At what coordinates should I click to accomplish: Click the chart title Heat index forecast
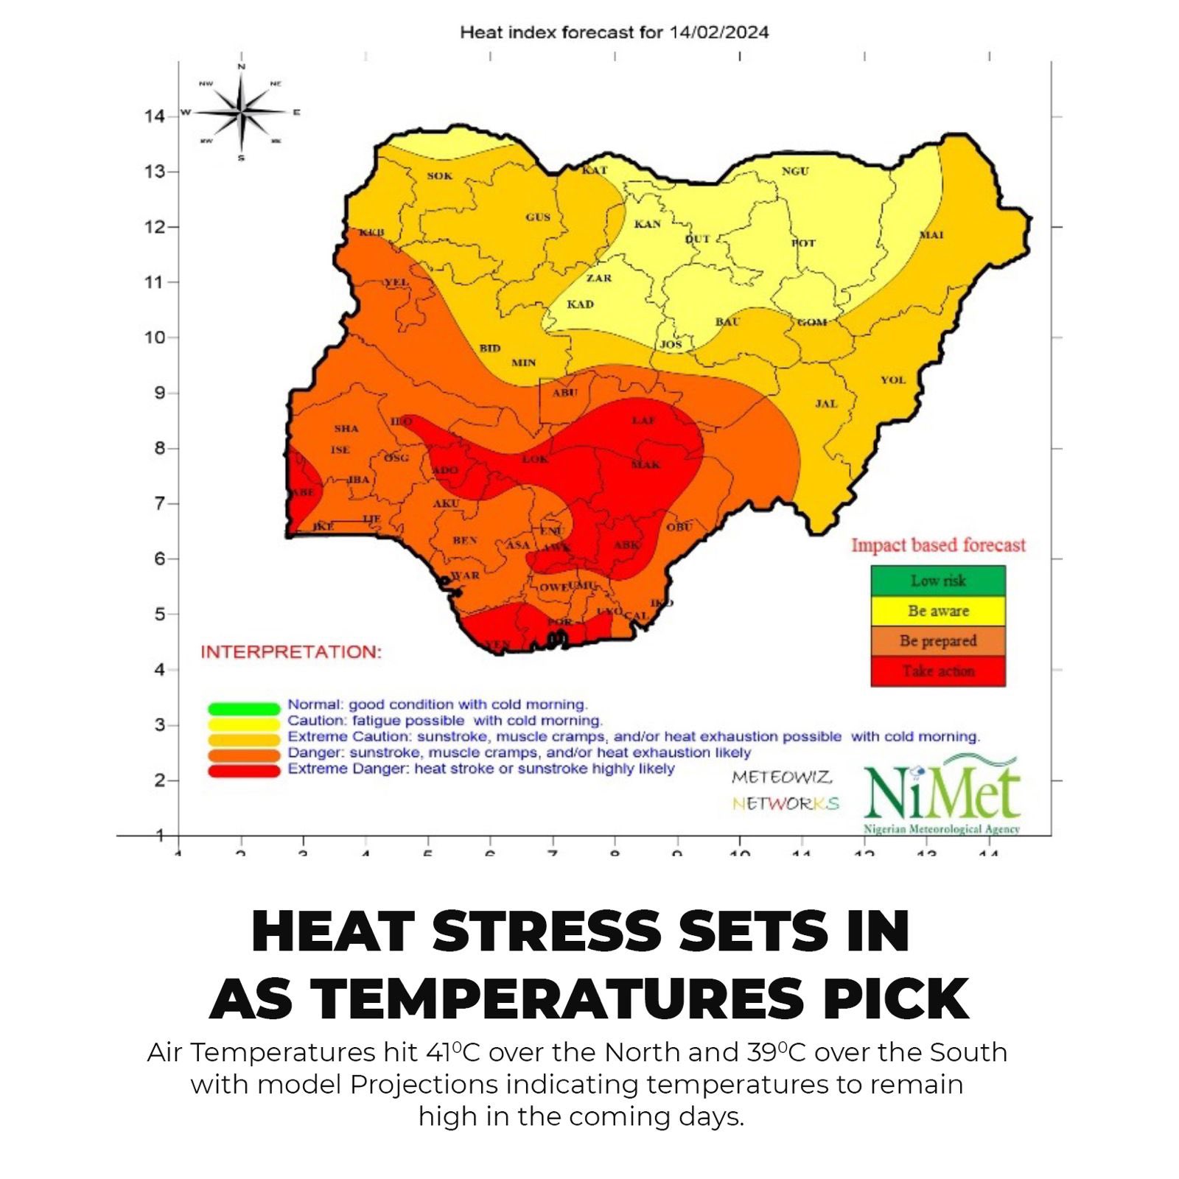(x=614, y=32)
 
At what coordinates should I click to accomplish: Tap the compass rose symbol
(x=242, y=113)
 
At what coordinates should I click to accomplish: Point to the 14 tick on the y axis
(x=155, y=116)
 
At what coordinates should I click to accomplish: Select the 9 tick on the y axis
(x=159, y=393)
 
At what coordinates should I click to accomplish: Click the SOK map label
(x=440, y=176)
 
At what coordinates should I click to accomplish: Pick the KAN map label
(x=648, y=224)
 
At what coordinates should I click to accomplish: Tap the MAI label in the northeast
(x=931, y=235)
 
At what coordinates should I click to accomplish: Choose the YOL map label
(x=893, y=380)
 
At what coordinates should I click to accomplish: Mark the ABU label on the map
(x=564, y=393)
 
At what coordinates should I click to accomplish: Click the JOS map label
(x=671, y=344)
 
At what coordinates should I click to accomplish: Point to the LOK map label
(x=535, y=459)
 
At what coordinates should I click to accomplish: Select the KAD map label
(x=580, y=304)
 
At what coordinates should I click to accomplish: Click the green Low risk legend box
(x=937, y=581)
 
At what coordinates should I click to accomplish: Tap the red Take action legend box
(x=937, y=671)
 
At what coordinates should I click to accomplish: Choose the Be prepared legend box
(x=937, y=641)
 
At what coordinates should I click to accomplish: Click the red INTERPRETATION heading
(x=291, y=652)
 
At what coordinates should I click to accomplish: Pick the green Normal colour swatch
(x=244, y=709)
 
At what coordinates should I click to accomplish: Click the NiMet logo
(x=942, y=794)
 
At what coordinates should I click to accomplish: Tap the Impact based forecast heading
(x=938, y=545)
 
